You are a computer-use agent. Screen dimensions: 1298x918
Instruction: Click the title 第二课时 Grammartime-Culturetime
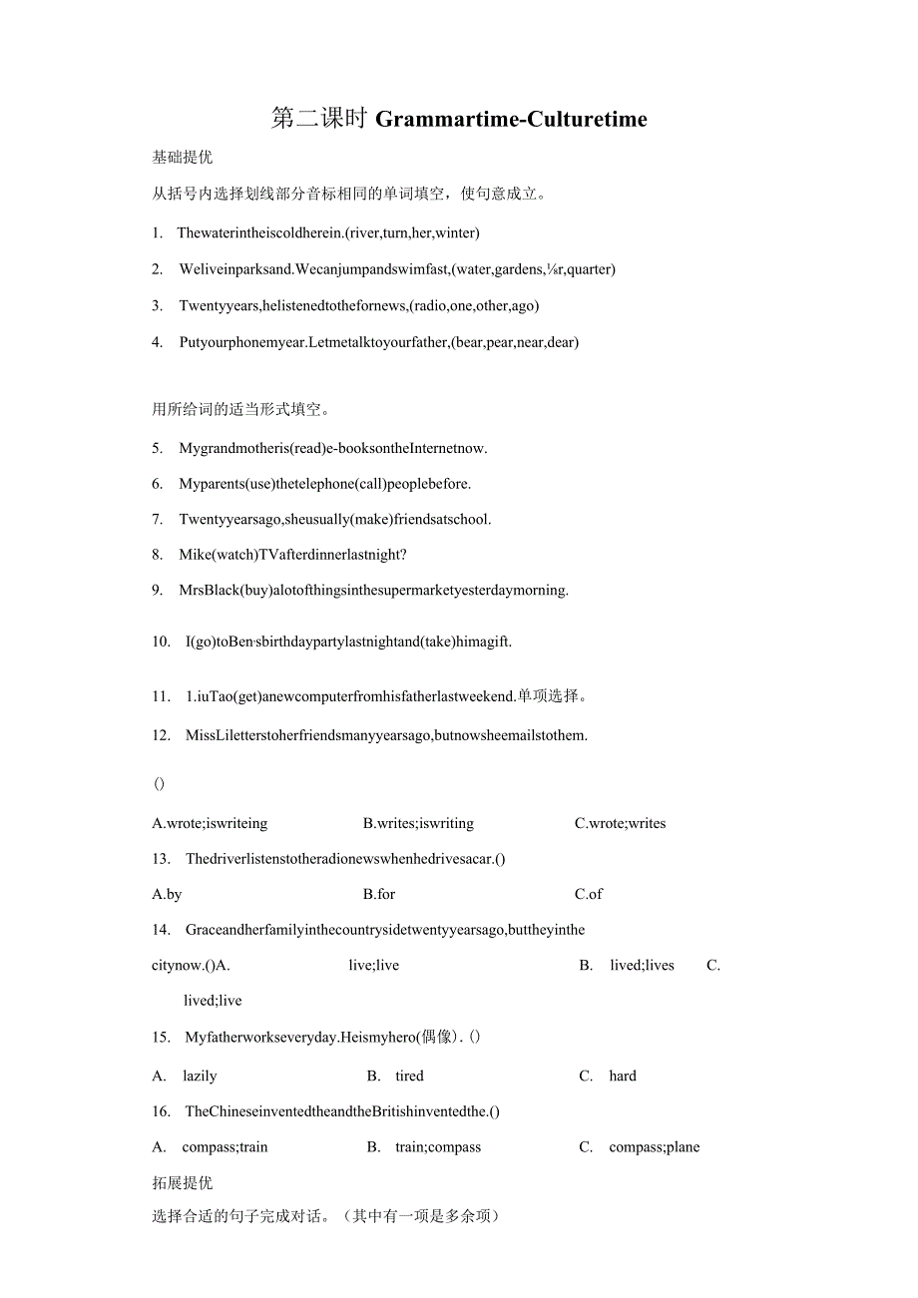point(459,120)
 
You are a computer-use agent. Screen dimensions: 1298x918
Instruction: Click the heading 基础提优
point(182,157)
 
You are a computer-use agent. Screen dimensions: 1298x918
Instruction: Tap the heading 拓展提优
point(182,1182)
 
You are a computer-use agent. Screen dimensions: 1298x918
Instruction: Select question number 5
point(158,448)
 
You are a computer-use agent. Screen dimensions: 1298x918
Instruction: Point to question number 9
point(158,590)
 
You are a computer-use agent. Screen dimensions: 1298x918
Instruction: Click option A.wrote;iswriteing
point(210,823)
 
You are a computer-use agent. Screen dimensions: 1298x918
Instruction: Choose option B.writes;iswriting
point(418,823)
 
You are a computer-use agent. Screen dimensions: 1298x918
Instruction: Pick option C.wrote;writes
point(620,823)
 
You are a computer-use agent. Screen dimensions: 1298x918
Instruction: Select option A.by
point(167,894)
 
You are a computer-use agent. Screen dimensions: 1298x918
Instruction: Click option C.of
point(589,894)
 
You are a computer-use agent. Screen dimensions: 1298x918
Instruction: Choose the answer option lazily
point(200,1076)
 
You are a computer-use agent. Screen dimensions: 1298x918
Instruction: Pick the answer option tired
point(409,1076)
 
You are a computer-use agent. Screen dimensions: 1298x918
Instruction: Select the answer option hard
point(623,1076)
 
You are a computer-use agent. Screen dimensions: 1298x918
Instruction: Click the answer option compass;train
point(225,1146)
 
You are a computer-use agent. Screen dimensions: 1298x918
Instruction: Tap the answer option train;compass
point(438,1146)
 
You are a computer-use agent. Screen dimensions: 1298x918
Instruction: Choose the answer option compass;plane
point(655,1146)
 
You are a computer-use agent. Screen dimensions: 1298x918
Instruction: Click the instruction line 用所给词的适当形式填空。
point(241,408)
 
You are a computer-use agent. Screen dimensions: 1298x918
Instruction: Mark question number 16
point(161,1110)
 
